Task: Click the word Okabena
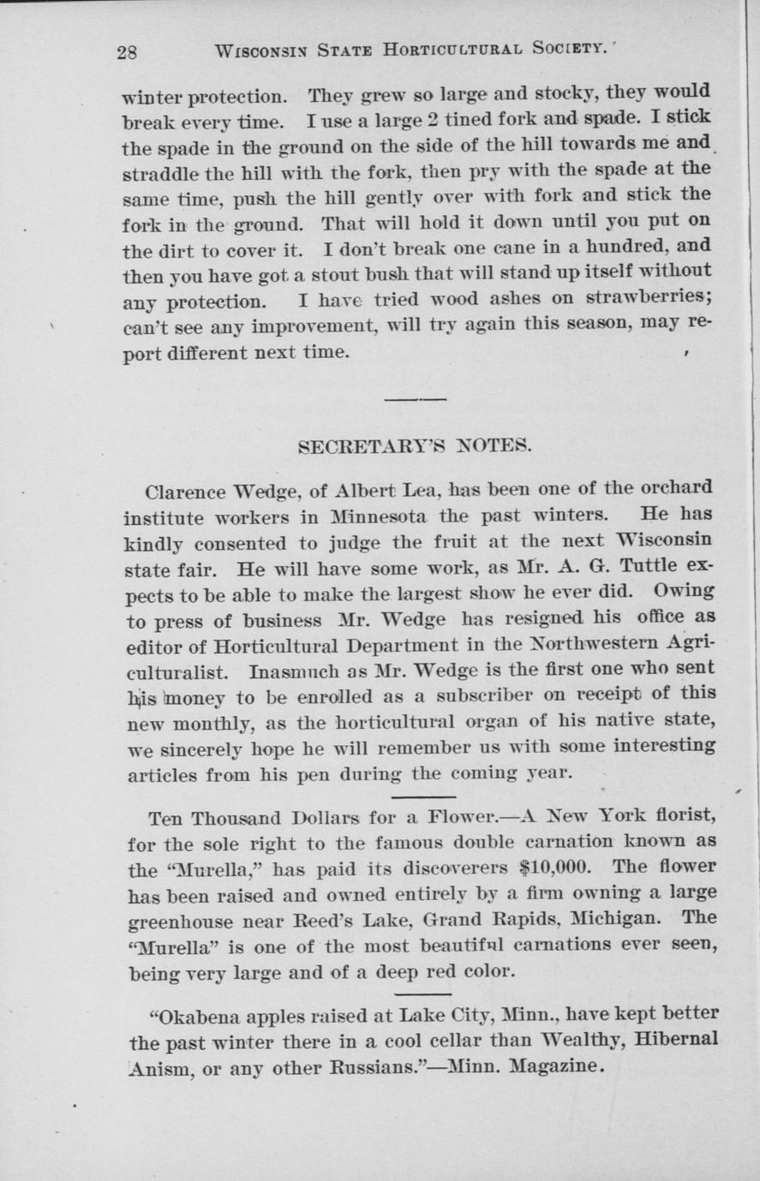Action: point(196,1017)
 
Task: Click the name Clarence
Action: point(183,492)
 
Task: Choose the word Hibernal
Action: point(673,1040)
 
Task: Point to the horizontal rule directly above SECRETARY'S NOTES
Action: point(416,399)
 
